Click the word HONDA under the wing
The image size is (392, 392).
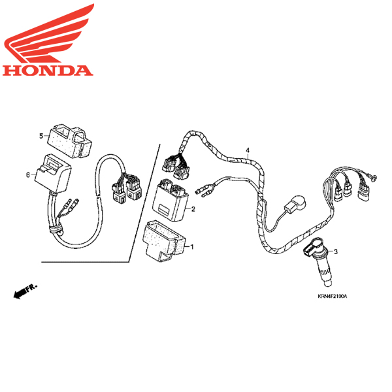pyautogui.click(x=46, y=69)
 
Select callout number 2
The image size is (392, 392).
pyautogui.click(x=193, y=209)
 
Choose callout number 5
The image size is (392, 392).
pyautogui.click(x=41, y=136)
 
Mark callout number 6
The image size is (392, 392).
pyautogui.click(x=28, y=174)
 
